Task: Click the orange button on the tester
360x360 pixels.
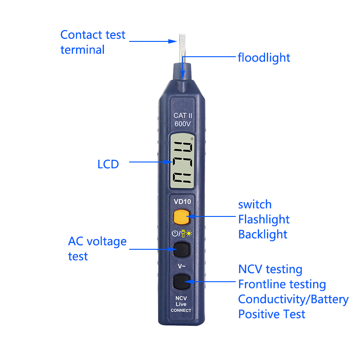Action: pos(181,217)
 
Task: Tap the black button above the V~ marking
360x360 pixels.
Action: pos(181,249)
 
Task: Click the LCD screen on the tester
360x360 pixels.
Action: pos(182,161)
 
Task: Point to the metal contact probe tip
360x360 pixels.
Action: pos(182,48)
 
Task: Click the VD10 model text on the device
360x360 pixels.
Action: pos(182,202)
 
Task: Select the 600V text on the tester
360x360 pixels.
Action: pos(183,124)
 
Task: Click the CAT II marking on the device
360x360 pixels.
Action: pos(183,115)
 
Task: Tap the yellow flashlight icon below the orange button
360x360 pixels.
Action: pos(183,233)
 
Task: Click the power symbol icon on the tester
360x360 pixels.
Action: pos(175,233)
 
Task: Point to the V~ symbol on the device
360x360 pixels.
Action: pos(181,266)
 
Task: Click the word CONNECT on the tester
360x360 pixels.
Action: pos(181,310)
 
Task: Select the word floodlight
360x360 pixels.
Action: pos(264,58)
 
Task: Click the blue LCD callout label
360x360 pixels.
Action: pos(108,164)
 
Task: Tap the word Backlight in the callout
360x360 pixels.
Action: pos(263,234)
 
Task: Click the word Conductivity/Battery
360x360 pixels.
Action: pos(293,299)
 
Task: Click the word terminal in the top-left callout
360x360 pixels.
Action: pos(82,50)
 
